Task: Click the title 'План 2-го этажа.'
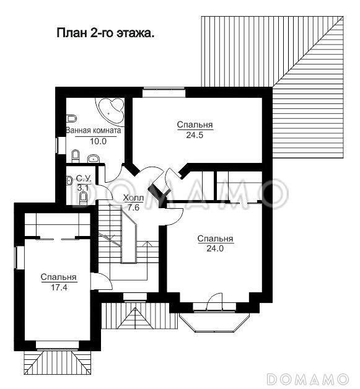point(105,32)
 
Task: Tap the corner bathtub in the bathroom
point(112,110)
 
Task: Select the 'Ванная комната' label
point(94,131)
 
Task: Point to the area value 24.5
point(195,134)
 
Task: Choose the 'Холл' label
point(133,198)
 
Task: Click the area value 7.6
point(133,208)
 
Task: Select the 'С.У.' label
point(83,178)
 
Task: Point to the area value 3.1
point(83,186)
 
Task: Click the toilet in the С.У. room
point(82,198)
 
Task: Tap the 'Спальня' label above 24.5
point(195,125)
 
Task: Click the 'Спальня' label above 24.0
point(215,238)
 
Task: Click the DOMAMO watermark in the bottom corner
point(310,377)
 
